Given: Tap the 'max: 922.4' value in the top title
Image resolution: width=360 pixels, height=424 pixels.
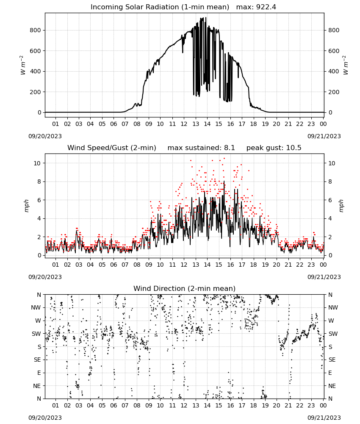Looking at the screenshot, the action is (x=256, y=7).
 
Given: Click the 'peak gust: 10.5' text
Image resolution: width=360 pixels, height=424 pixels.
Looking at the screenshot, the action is (x=274, y=148).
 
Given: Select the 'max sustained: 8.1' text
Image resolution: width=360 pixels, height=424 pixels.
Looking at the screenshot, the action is (x=201, y=148).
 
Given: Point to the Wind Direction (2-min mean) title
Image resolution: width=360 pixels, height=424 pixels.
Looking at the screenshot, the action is (x=185, y=288).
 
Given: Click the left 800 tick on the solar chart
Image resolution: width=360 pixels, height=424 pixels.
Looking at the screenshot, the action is (x=36, y=30).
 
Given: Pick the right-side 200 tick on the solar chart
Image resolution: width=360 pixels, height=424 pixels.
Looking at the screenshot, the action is (x=334, y=92).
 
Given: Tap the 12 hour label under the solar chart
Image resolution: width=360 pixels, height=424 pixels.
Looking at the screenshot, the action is (x=184, y=124).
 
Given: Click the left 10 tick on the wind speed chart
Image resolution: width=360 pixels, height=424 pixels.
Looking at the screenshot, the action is (x=37, y=163).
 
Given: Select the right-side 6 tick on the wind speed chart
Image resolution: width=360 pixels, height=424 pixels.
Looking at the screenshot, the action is (x=330, y=200).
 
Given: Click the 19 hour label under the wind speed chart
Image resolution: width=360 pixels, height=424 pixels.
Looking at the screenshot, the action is (x=265, y=265).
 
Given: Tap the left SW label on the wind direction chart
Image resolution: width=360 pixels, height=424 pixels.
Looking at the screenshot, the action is (x=36, y=334).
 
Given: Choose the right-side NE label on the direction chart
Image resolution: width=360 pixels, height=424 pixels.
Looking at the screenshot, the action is (x=332, y=386).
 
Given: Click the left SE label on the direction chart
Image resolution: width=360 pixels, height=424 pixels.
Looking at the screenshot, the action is (x=38, y=360).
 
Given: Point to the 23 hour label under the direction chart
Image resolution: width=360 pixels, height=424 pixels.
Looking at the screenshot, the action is (x=311, y=405).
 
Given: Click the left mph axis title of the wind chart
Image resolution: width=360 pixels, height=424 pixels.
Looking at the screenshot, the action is (x=26, y=206).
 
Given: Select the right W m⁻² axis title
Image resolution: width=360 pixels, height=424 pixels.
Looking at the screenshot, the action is (x=346, y=65).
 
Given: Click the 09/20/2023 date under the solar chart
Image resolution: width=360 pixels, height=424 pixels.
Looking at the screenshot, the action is (x=45, y=136).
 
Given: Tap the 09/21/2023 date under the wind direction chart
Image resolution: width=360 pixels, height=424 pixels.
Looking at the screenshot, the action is (x=324, y=418).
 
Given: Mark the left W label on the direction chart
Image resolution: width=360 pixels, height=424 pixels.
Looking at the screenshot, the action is (x=38, y=321).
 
